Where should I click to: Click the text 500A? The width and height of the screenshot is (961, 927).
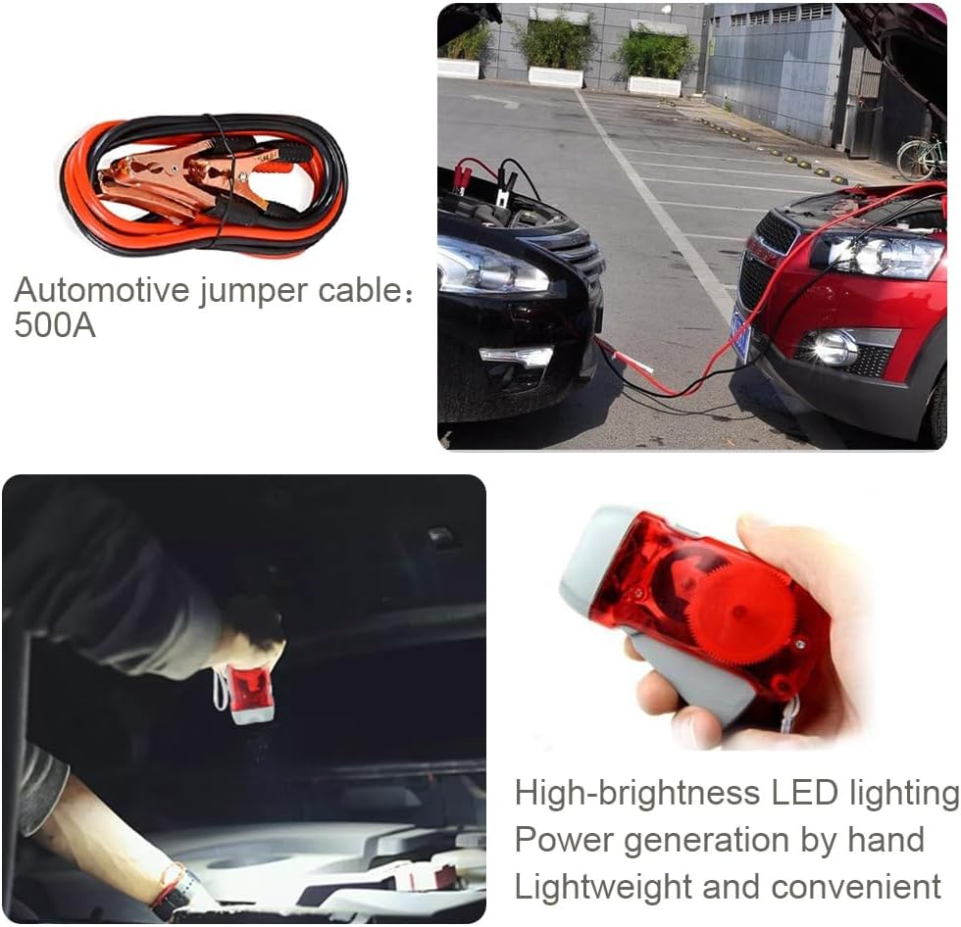55,324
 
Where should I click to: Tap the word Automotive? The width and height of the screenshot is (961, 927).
102,289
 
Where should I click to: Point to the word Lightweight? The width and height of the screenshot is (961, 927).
603,888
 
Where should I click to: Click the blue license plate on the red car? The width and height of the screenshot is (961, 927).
741,334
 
